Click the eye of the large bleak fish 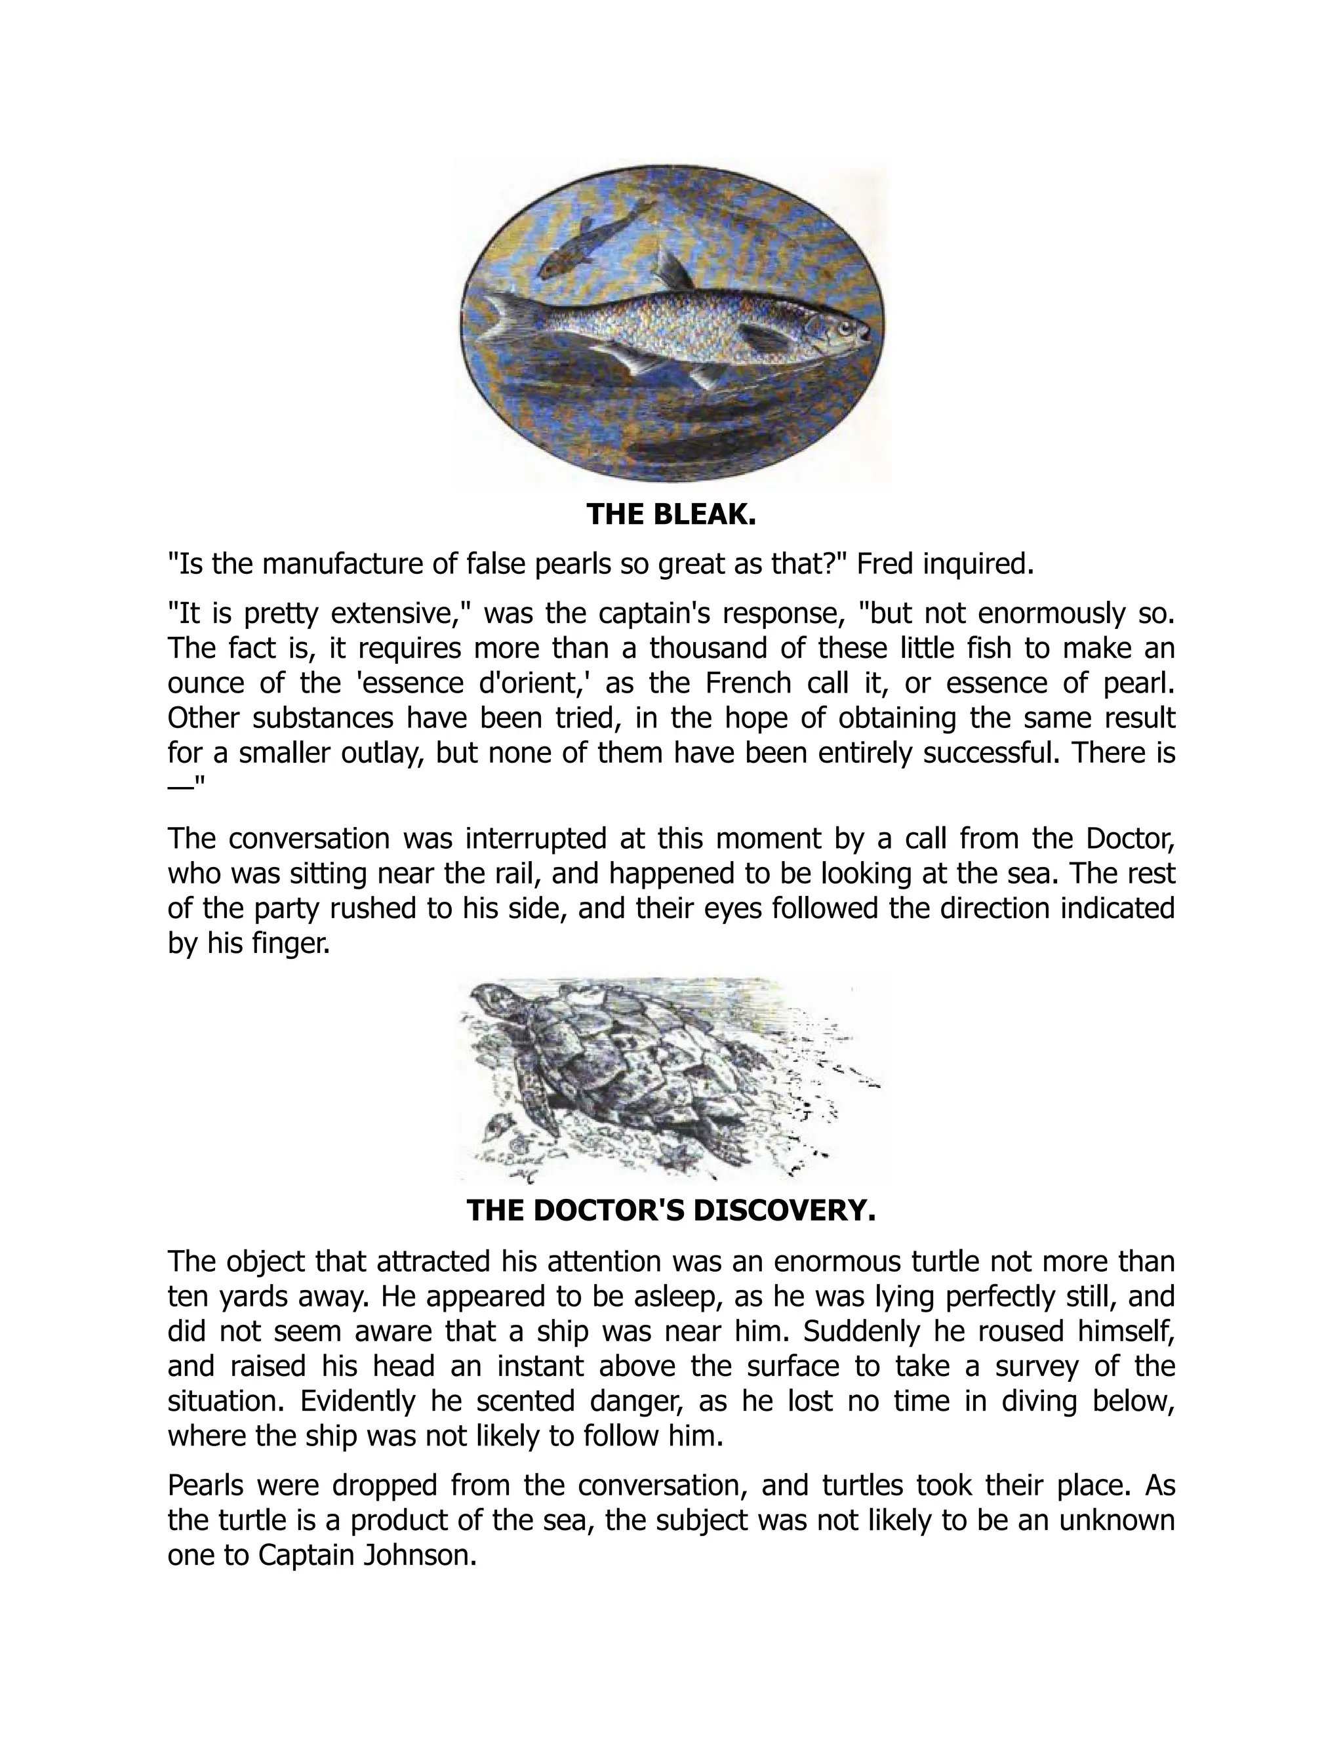coord(843,327)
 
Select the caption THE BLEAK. coord(671,515)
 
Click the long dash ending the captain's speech coord(180,784)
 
